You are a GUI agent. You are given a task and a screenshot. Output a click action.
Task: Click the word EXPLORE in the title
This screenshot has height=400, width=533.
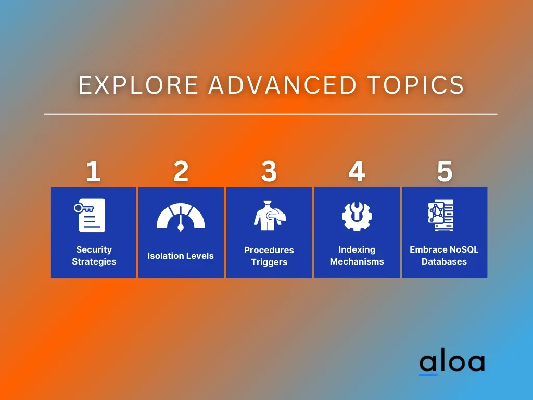point(138,85)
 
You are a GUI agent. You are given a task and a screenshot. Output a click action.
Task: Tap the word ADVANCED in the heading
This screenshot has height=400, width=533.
point(283,85)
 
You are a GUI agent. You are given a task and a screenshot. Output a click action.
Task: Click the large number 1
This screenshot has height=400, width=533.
point(93,171)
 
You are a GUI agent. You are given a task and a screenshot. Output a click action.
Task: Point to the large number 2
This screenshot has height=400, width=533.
point(181,171)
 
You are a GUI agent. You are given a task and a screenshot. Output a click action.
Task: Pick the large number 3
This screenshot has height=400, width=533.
point(269,171)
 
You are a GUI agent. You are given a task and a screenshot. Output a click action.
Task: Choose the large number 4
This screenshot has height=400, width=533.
point(357,171)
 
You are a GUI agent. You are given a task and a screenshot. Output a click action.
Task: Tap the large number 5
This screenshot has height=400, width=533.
point(445,171)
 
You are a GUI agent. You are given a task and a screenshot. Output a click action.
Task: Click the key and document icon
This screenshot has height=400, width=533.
point(90,215)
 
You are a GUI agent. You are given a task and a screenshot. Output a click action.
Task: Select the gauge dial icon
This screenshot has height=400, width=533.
point(181,217)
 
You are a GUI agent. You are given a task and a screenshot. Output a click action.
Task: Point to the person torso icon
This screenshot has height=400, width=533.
point(270,215)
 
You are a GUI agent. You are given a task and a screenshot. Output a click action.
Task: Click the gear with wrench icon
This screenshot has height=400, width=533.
point(357,216)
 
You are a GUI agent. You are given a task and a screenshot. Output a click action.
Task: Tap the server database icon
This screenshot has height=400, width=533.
point(441,216)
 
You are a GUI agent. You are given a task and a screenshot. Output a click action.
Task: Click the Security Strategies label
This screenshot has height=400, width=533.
point(94,255)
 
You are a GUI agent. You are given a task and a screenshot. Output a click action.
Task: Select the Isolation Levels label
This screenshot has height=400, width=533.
point(181,256)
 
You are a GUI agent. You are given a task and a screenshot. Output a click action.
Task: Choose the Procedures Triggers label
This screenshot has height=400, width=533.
point(269,256)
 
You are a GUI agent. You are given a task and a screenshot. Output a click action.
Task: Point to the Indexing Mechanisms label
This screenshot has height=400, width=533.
point(357,255)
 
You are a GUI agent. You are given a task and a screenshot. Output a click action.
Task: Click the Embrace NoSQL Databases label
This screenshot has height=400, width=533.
point(444,255)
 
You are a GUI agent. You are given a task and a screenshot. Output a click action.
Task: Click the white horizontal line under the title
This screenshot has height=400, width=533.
point(271,114)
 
